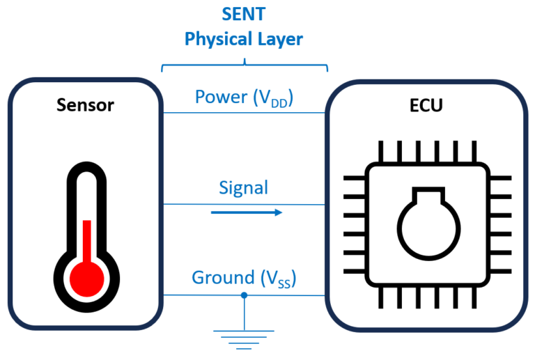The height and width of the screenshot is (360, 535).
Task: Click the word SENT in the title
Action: coord(244,14)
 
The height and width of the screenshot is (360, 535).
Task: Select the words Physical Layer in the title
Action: coord(244,39)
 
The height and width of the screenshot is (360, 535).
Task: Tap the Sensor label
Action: coord(85,105)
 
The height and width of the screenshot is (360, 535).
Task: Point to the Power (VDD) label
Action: coord(244,97)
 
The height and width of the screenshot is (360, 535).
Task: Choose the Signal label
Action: coord(244,187)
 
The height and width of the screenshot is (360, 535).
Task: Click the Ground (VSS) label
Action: coord(244,279)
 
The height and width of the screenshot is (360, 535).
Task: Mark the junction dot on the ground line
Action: coord(244,295)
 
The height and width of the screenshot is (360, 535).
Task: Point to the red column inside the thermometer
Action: coord(87,237)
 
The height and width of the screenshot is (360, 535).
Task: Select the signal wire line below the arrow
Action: coord(209,204)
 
